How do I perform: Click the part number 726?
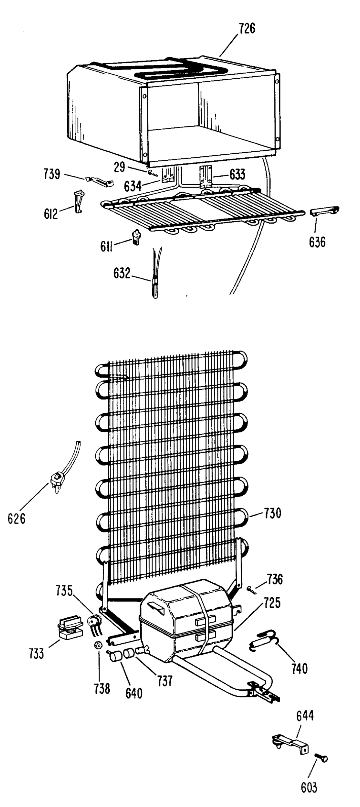pyautogui.click(x=247, y=29)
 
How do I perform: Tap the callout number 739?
pyautogui.click(x=51, y=175)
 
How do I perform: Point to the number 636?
pyautogui.click(x=317, y=242)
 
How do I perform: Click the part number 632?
pyautogui.click(x=121, y=273)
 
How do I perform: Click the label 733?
pyautogui.click(x=36, y=653)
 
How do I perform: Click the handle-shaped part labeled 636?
pyautogui.click(x=324, y=211)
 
